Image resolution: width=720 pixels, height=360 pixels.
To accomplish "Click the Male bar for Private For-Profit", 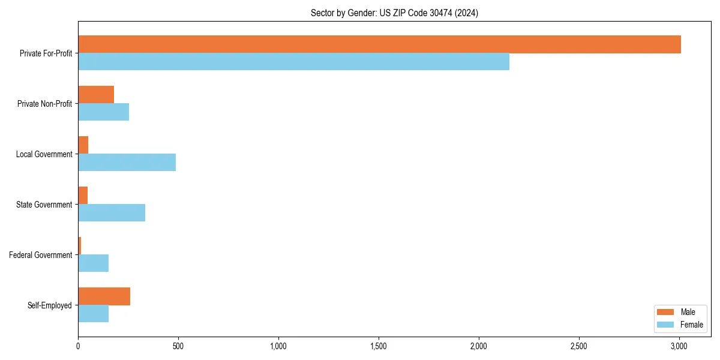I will pyautogui.click(x=379, y=44).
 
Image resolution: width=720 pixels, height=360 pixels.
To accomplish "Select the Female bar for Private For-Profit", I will pyautogui.click(x=293, y=62).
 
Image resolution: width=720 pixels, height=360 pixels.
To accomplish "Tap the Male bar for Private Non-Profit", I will pyautogui.click(x=96, y=95).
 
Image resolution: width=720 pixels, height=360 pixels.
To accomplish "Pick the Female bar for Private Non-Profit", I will pyautogui.click(x=103, y=112).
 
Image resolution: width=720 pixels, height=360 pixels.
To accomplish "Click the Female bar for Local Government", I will pyautogui.click(x=127, y=163).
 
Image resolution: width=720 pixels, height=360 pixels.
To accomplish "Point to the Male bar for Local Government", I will pyautogui.click(x=83, y=145).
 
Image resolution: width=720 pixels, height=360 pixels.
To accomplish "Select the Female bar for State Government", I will pyautogui.click(x=112, y=213).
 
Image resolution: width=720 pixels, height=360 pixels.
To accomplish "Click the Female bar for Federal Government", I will pyautogui.click(x=93, y=263).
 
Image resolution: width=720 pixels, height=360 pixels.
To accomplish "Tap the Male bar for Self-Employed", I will pyautogui.click(x=104, y=296).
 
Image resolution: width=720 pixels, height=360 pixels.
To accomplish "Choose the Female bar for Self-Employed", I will pyautogui.click(x=93, y=314).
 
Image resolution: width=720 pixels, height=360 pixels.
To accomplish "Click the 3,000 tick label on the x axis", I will pyautogui.click(x=679, y=347).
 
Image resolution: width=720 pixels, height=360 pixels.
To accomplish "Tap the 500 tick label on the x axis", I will pyautogui.click(x=178, y=347).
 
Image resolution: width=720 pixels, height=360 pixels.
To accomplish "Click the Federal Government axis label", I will pyautogui.click(x=41, y=255).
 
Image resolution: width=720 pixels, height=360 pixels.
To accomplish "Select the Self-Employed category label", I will pyautogui.click(x=50, y=305).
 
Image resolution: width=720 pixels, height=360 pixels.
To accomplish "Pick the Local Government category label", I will pyautogui.click(x=44, y=154).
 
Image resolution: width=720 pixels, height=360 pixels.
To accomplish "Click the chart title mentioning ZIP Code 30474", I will pyautogui.click(x=394, y=13).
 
